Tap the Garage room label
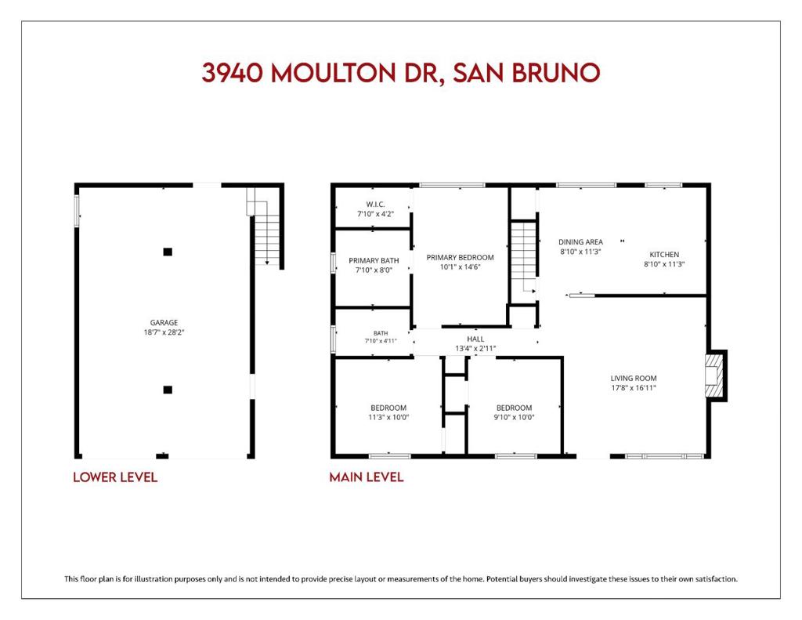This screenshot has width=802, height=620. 164,323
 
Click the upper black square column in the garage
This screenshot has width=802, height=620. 168,252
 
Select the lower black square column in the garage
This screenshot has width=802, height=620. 168,390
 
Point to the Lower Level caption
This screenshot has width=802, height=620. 115,477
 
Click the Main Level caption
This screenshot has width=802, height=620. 367,477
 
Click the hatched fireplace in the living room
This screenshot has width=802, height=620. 714,375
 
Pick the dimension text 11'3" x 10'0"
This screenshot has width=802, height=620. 388,417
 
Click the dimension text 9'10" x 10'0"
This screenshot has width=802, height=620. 514,417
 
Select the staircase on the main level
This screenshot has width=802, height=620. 524,256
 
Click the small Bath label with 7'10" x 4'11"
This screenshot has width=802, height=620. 381,337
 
